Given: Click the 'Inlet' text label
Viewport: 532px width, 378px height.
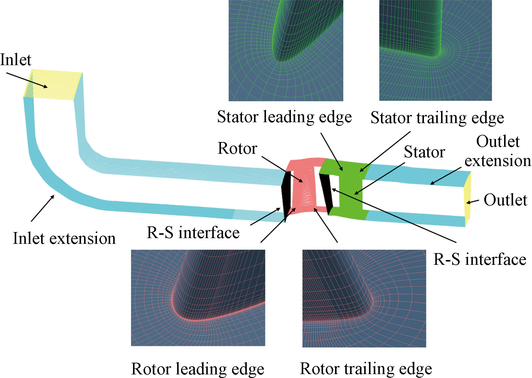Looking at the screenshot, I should [x=16, y=60].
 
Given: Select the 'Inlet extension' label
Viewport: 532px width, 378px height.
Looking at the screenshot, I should [x=64, y=239].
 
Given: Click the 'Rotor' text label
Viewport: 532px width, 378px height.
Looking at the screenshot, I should [x=237, y=148].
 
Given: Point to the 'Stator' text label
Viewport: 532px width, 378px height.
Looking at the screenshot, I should [x=424, y=152].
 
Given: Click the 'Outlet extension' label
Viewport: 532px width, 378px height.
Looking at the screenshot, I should [x=498, y=151].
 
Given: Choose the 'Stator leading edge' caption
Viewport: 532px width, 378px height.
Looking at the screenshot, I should [x=284, y=117].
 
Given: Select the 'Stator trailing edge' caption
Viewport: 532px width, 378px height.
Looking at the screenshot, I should [x=437, y=118].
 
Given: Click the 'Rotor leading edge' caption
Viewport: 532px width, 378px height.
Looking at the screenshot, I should [x=198, y=369].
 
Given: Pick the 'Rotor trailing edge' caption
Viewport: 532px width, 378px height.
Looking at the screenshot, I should [x=366, y=369].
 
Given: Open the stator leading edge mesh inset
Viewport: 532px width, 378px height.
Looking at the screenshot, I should [x=286, y=50].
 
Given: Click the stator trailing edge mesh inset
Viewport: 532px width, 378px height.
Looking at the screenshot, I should [x=435, y=50].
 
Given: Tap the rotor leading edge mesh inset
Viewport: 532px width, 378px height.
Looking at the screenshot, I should [x=198, y=298].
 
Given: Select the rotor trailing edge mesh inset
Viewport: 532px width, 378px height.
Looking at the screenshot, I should [x=364, y=298].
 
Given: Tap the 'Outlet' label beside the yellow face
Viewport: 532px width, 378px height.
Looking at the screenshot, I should [x=505, y=200].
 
